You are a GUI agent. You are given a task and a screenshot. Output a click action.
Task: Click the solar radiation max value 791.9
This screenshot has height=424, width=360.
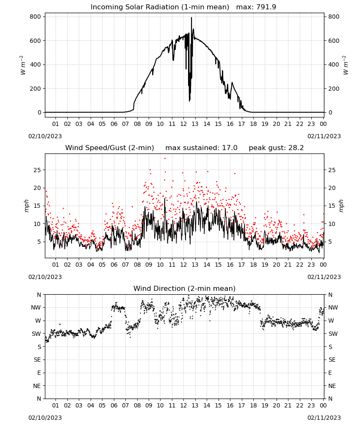coord(266,7)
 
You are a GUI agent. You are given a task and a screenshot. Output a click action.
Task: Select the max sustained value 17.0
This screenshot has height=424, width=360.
coord(230,148)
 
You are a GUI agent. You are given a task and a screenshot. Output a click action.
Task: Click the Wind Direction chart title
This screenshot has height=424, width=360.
coord(185,288)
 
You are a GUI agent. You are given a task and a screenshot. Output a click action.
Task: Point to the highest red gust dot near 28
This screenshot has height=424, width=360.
coord(165,159)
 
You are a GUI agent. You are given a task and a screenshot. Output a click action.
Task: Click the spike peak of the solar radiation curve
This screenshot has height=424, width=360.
coord(191,17)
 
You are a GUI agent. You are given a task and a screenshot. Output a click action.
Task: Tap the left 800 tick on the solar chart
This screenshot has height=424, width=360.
coord(36,17)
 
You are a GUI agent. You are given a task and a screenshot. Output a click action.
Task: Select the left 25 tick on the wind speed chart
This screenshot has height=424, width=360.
coord(37,170)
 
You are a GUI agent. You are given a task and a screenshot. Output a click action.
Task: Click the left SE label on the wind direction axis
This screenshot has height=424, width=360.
coord(37,360)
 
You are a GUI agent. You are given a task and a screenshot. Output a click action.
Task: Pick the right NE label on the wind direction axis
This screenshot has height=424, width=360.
coord(332,386)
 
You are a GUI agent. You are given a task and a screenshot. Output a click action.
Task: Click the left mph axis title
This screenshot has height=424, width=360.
coord(26,206)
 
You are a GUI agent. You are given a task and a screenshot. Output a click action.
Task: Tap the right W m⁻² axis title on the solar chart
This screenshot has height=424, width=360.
coord(346,65)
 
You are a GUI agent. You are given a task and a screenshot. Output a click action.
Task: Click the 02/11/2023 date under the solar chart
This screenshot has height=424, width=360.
coord(324,136)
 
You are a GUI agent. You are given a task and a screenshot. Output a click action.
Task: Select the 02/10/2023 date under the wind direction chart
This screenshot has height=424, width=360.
coord(45,418)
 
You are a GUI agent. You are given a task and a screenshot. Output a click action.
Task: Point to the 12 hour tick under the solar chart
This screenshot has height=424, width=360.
coord(183,124)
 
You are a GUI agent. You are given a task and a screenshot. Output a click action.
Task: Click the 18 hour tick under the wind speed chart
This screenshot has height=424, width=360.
coord(253,265)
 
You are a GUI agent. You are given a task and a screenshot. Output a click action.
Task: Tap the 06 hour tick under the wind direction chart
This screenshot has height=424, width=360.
coord(114,405)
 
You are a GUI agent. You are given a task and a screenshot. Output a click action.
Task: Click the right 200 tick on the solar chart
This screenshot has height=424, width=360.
coord(334,89)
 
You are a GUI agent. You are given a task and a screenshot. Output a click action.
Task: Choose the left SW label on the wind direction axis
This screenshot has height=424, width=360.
coord(36,334)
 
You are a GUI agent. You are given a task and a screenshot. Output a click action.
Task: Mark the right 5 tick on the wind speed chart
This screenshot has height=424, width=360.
coord(330,242)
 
